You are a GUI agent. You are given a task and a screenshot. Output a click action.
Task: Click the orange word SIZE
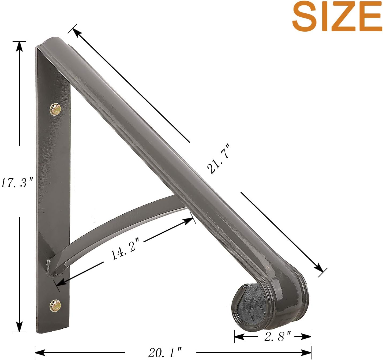(337, 17)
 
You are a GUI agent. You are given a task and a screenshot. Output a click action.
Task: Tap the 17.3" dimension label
(17, 183)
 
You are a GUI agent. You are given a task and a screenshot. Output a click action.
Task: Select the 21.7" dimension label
(218, 159)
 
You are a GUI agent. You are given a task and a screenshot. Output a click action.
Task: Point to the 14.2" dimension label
(125, 249)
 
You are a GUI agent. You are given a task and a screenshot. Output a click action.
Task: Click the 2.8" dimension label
(277, 336)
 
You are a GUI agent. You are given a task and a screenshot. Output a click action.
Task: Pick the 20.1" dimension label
(165, 353)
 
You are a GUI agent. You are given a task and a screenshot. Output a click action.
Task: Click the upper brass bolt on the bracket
(55, 109)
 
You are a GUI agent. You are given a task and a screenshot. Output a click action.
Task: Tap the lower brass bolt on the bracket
(55, 305)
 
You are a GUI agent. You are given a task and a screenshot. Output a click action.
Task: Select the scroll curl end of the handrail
(268, 305)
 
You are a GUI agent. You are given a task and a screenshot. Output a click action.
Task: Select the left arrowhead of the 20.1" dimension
(40, 353)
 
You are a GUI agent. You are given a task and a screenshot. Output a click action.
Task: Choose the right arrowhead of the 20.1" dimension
(306, 353)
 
